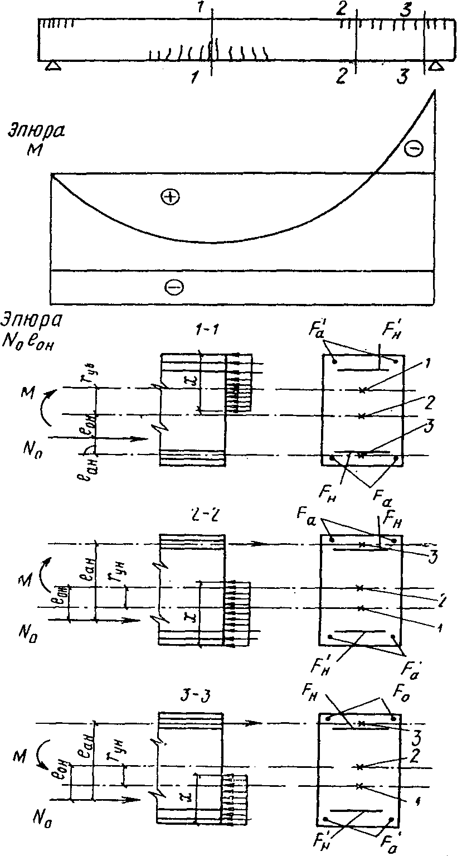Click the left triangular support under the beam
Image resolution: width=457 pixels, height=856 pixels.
click(x=52, y=66)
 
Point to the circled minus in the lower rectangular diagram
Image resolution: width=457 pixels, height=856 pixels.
click(x=172, y=287)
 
